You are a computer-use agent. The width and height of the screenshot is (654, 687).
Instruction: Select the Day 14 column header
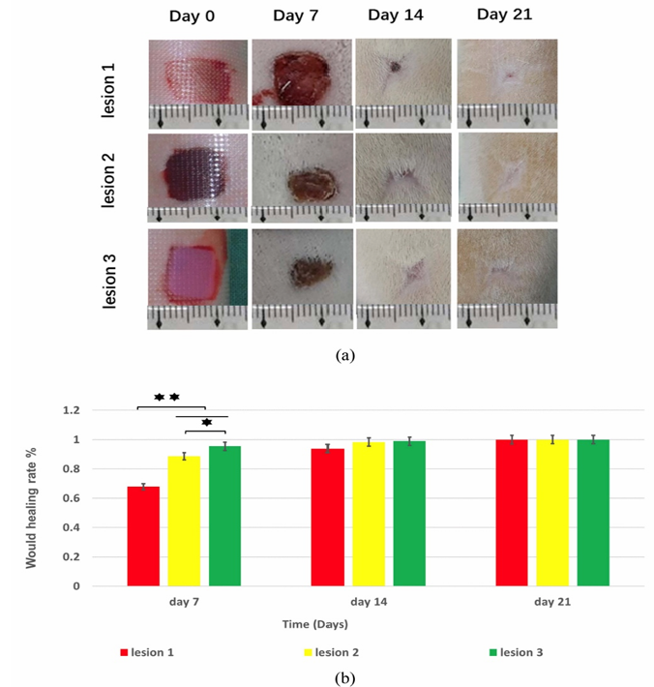(x=396, y=15)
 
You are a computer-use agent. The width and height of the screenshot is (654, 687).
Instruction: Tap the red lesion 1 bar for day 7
(x=144, y=536)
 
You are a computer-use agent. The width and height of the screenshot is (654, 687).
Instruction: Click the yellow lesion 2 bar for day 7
(x=184, y=522)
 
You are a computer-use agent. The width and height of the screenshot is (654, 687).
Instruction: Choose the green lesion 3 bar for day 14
(x=409, y=514)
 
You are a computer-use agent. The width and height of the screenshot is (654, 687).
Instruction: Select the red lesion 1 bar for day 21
(x=512, y=513)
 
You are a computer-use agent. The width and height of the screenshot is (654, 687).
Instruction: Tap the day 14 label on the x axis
(x=369, y=602)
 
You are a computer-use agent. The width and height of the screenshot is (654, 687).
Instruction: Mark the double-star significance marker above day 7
(x=166, y=397)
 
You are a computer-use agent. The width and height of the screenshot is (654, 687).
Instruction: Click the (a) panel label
(x=344, y=355)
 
